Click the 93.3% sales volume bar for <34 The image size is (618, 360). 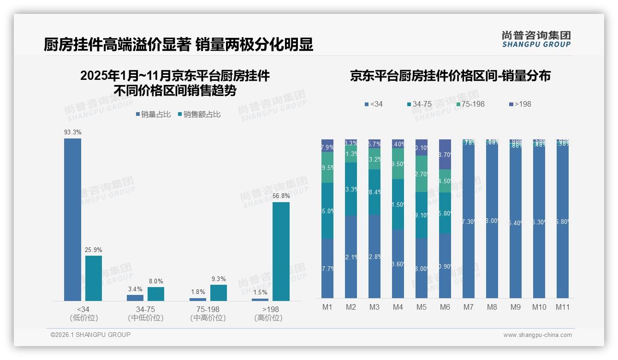coord(72,220)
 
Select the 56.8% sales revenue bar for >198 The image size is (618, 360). coord(281,252)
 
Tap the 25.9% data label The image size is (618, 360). coord(93,250)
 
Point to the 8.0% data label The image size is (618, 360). coord(155,281)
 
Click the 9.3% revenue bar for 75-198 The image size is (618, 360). coord(219,293)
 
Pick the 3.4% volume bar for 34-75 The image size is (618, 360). coord(135,298)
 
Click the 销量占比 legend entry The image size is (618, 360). coord(154,114)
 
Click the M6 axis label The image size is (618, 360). coord(445,307)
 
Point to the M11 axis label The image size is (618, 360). coord(562,307)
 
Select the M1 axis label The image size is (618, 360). coord(327,307)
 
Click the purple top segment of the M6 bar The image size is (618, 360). coord(445,154)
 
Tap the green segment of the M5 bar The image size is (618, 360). coord(422,174)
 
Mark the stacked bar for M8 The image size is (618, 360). coord(492,219)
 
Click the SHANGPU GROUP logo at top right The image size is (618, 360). coord(536,39)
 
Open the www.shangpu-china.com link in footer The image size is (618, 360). coord(537,335)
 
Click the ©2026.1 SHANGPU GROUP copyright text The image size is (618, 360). coord(90,335)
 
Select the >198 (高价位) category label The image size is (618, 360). coord(268,313)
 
